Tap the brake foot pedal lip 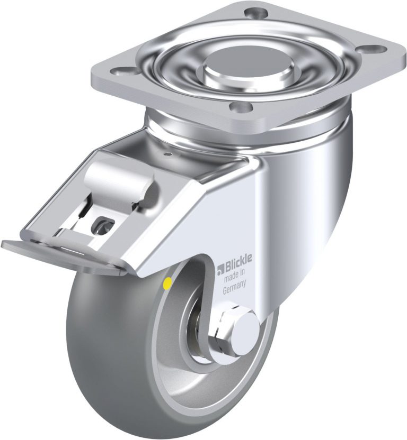[x=62, y=253]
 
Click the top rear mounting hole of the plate [x=255, y=13]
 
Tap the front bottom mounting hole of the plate [x=240, y=107]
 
